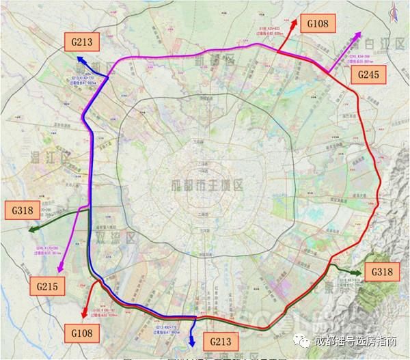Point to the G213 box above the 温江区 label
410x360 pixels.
(81, 41)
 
